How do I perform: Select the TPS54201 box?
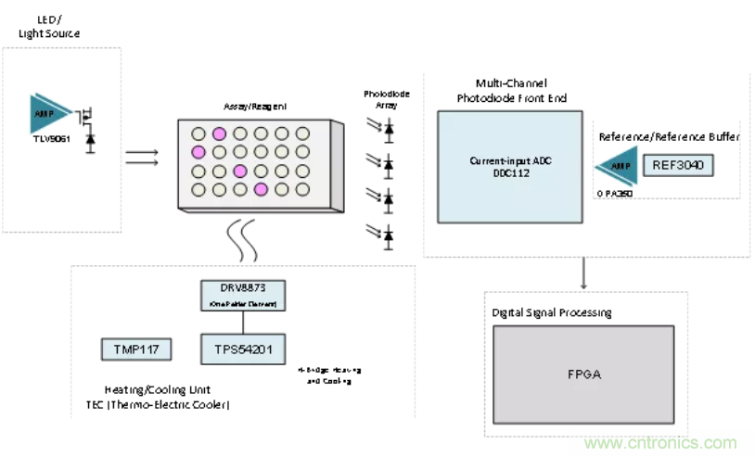pyautogui.click(x=244, y=349)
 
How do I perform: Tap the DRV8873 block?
pyautogui.click(x=244, y=296)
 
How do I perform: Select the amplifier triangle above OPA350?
pyautogui.click(x=620, y=168)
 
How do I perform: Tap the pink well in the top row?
pyautogui.click(x=219, y=133)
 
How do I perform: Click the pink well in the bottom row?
pyautogui.click(x=262, y=190)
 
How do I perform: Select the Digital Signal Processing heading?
pyautogui.click(x=552, y=312)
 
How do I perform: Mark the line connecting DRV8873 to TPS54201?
pyautogui.click(x=244, y=322)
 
